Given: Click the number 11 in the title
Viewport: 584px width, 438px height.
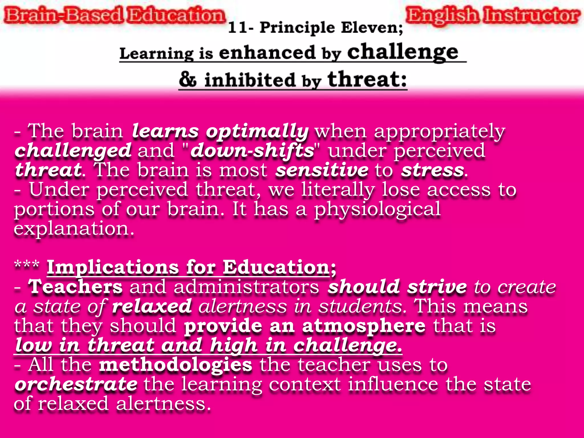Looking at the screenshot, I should click(237, 28).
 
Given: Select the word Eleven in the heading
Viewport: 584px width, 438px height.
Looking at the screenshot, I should click(372, 28).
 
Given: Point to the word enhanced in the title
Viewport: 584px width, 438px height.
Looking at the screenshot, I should click(267, 53).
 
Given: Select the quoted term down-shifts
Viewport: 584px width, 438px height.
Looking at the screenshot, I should click(252, 151).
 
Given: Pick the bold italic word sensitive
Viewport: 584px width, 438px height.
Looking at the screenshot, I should click(322, 170).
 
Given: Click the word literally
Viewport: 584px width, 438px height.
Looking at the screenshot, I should click(338, 190).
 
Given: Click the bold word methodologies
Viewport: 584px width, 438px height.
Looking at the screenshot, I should click(176, 365).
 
